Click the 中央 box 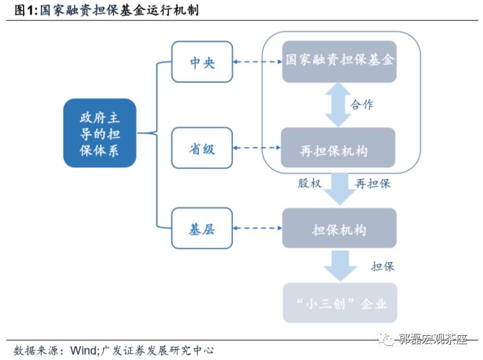tap(202, 62)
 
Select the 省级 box tap(202, 149)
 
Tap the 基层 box tap(202, 229)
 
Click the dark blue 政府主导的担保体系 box tap(100, 133)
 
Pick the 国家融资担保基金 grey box tap(339, 61)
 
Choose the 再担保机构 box tap(339, 149)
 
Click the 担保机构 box tap(339, 229)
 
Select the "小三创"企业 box tap(339, 303)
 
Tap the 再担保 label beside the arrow tap(373, 184)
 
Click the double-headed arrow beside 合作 tap(338, 105)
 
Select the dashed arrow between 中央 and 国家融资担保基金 tap(258, 62)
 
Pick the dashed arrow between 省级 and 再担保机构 tap(258, 149)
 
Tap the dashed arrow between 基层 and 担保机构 tap(258, 229)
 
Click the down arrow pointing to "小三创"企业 tap(339, 265)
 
